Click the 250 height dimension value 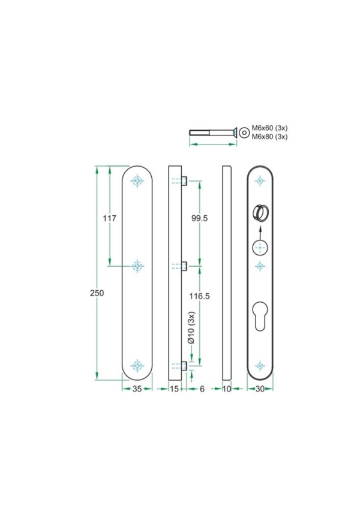click(x=97, y=293)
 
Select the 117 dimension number click(x=109, y=218)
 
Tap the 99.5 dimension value click(x=199, y=218)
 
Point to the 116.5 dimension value click(x=199, y=296)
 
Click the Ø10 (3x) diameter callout click(x=191, y=327)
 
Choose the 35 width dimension click(x=137, y=388)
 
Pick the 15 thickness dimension click(x=175, y=388)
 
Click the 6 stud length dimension click(x=202, y=388)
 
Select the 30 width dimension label click(x=260, y=388)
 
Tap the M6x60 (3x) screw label click(x=269, y=128)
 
